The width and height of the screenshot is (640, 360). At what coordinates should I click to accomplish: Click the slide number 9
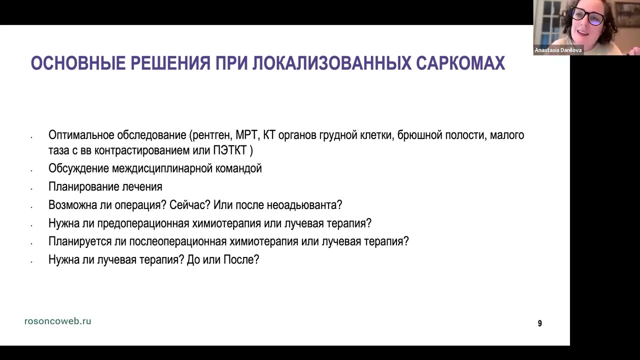pos(539,323)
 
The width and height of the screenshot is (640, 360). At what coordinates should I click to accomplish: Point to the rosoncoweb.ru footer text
pos(57,321)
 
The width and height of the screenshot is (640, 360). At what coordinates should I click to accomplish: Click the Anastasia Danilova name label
pos(558,50)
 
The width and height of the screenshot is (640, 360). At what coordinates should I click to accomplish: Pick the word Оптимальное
pos(81,135)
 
